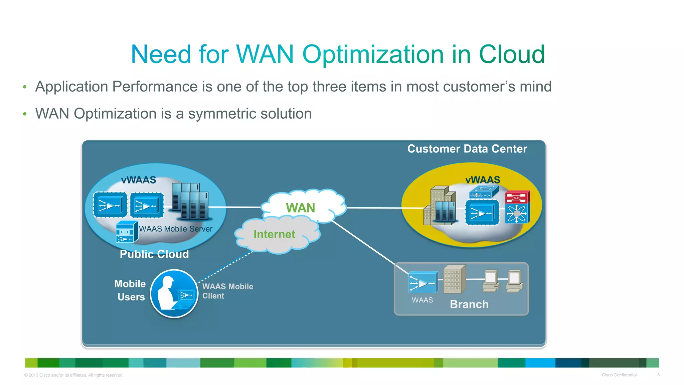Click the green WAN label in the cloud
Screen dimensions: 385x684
[x=300, y=208]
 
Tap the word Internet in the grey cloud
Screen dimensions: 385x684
[x=274, y=234]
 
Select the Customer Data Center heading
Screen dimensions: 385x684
[x=467, y=149]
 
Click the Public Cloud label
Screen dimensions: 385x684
[x=154, y=254]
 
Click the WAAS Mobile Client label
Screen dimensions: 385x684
[x=227, y=291]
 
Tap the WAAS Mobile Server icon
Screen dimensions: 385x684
[x=127, y=232]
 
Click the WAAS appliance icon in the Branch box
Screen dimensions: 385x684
[x=422, y=282]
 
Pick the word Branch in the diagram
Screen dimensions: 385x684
[x=469, y=304]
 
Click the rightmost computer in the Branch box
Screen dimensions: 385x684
[x=515, y=281]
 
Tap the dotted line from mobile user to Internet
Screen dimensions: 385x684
[x=226, y=267]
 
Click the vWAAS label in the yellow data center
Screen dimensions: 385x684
[x=483, y=180]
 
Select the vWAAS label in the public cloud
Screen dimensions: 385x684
[x=139, y=180]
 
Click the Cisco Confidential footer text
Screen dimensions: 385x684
[x=619, y=375]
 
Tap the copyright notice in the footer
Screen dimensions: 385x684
[x=74, y=375]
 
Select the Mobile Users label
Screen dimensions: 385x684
[x=130, y=290]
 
